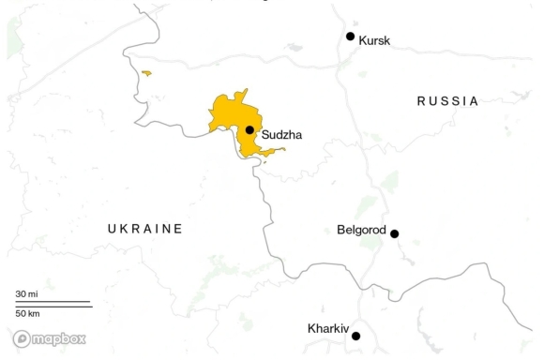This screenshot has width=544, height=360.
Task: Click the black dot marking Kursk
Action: (351, 37)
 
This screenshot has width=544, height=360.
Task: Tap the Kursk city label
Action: (375, 40)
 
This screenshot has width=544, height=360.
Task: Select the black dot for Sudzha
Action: (249, 130)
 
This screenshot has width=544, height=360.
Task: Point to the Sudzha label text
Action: (282, 135)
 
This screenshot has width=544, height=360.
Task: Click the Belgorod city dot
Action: (395, 233)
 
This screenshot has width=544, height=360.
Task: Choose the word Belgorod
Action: (361, 229)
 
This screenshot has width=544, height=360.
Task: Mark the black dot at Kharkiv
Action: (356, 336)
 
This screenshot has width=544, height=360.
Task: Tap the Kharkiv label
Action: (327, 329)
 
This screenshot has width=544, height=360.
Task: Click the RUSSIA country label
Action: (447, 101)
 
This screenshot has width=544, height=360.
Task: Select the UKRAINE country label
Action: (144, 229)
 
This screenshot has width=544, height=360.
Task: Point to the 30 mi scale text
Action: (27, 294)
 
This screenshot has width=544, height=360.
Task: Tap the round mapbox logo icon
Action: (22, 338)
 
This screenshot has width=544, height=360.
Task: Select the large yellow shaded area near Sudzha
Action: (230, 117)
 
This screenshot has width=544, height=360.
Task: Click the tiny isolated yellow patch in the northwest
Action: (146, 72)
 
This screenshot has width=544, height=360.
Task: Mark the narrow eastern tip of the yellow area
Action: (281, 149)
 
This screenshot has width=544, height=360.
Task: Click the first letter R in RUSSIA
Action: (422, 101)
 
